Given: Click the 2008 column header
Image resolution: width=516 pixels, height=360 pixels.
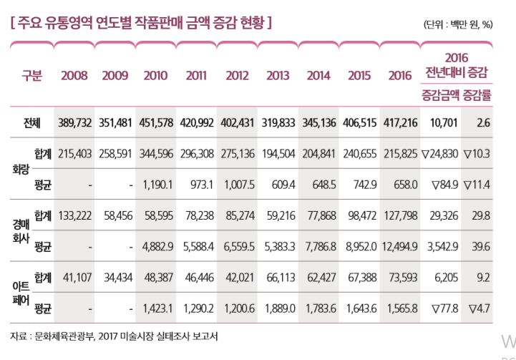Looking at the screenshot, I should click(74, 75).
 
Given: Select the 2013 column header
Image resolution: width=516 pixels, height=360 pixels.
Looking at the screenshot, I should click(277, 75).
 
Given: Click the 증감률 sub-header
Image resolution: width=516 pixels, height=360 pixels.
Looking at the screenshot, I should click(478, 93).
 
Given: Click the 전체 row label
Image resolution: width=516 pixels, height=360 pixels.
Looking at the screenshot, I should click(33, 122).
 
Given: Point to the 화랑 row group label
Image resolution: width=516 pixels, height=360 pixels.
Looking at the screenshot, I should click(19, 170).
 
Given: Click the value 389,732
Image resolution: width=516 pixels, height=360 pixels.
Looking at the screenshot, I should click(74, 122).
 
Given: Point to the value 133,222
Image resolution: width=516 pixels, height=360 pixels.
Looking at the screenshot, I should click(74, 215).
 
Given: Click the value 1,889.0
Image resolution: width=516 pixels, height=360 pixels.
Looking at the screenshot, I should click(277, 309).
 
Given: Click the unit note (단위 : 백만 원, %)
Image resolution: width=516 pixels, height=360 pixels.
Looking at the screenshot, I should click(459, 24).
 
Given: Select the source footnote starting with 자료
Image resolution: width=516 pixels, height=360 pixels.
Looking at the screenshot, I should click(115, 336).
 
